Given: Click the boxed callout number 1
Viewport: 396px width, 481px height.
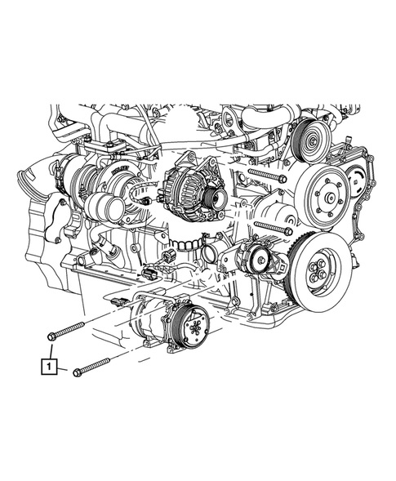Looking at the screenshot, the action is coord(48,366).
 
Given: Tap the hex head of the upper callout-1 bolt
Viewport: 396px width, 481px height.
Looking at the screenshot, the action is coord(51,336).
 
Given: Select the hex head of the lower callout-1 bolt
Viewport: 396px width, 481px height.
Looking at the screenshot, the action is coord(77,372).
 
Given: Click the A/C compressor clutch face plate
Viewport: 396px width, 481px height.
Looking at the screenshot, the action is coord(194,327).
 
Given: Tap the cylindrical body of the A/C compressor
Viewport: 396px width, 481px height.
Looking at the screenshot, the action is coord(150,319).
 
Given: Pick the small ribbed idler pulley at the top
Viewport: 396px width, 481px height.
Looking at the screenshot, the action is coord(310,142).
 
